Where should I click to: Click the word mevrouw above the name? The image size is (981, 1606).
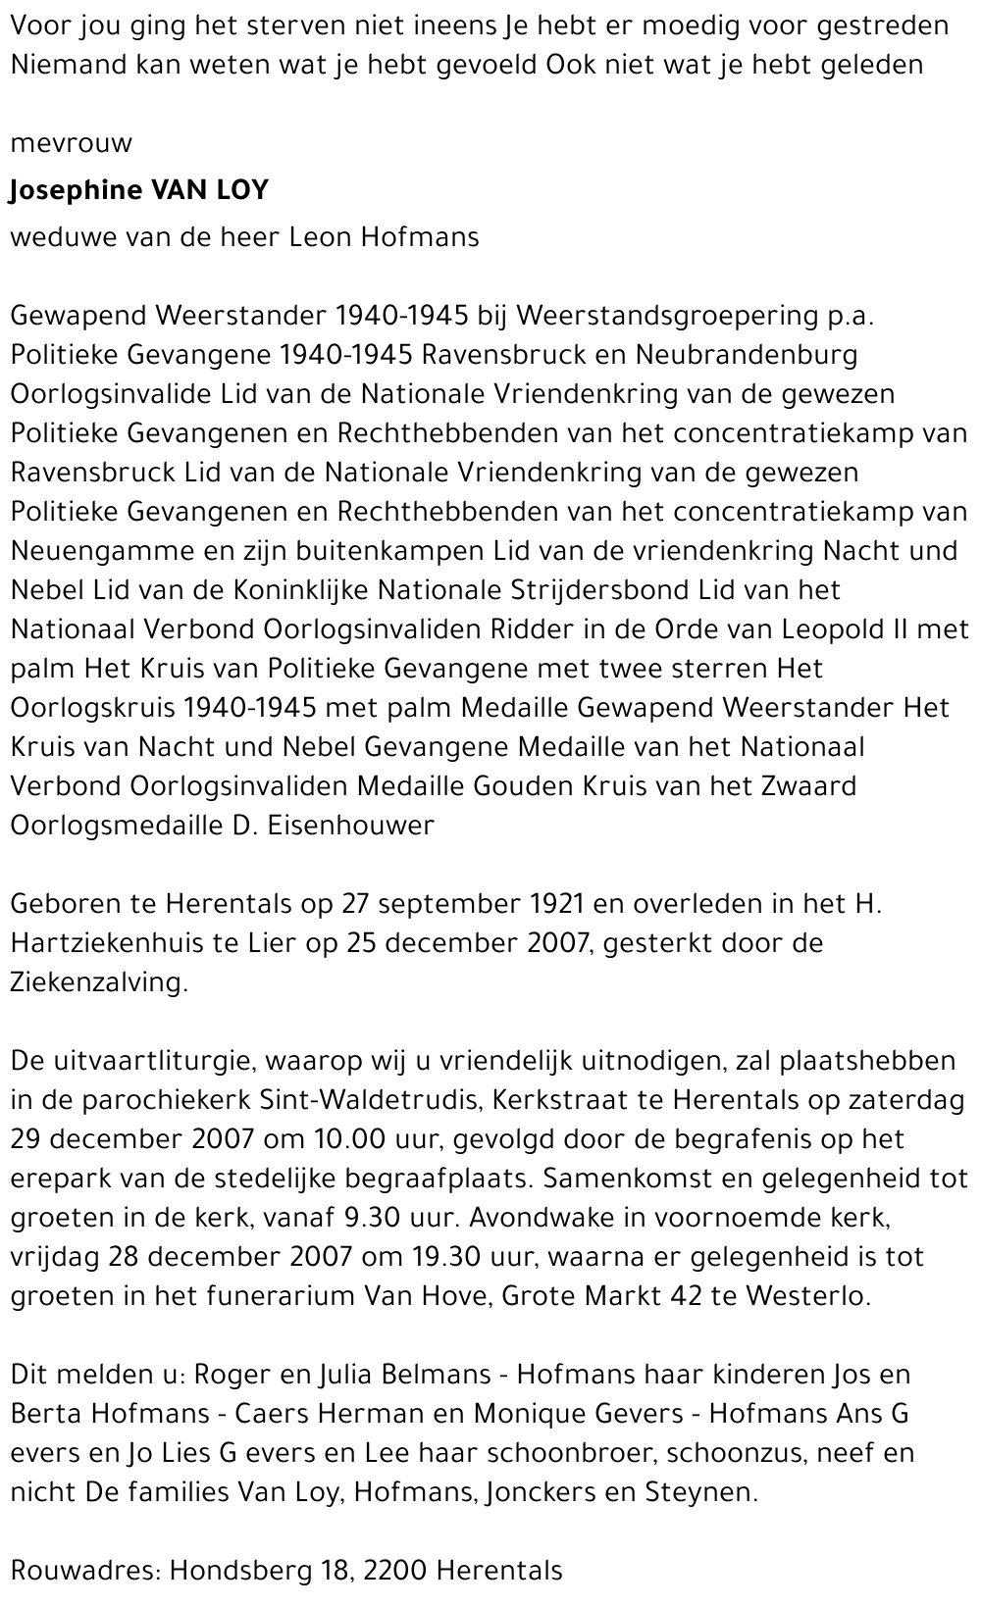tap(71, 144)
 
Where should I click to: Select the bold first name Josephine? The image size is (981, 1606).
tap(75, 190)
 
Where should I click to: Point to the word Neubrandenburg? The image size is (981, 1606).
tap(747, 354)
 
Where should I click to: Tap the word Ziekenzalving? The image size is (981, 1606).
tap(98, 982)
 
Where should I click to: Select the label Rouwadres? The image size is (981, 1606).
tap(83, 1570)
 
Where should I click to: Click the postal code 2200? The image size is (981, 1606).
tap(395, 1570)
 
